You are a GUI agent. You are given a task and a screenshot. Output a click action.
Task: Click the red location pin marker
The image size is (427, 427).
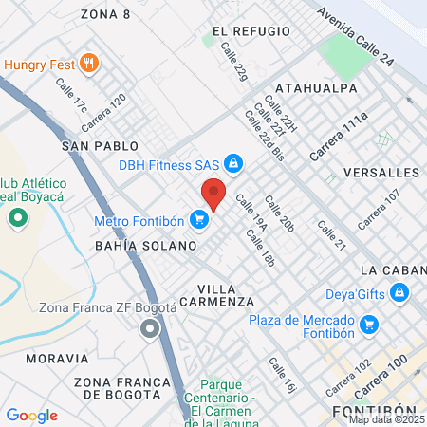[x=213, y=193]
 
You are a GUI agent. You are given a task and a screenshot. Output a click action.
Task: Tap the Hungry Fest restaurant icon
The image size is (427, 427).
[x=89, y=64]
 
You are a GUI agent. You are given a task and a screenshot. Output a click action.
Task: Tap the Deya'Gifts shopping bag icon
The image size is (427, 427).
[x=400, y=294]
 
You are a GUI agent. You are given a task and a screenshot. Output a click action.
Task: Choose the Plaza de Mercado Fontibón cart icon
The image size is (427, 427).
[x=369, y=326]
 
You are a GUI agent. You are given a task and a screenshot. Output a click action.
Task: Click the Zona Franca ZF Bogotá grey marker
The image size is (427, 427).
[x=149, y=329]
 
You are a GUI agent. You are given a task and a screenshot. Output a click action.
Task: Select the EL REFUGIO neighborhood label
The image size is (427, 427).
[x=250, y=30]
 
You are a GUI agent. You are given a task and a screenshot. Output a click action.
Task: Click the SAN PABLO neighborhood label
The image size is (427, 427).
[x=100, y=146]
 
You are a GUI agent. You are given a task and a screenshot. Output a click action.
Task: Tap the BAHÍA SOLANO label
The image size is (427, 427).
[x=145, y=245]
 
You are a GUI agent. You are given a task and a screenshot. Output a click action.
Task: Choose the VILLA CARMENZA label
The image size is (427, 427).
[x=226, y=294]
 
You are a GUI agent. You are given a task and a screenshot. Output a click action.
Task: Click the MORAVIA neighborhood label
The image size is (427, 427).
[x=57, y=359]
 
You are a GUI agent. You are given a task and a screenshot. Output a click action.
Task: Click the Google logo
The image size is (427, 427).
[x=31, y=415]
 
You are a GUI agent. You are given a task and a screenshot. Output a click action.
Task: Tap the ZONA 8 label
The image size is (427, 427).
[x=105, y=13]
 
